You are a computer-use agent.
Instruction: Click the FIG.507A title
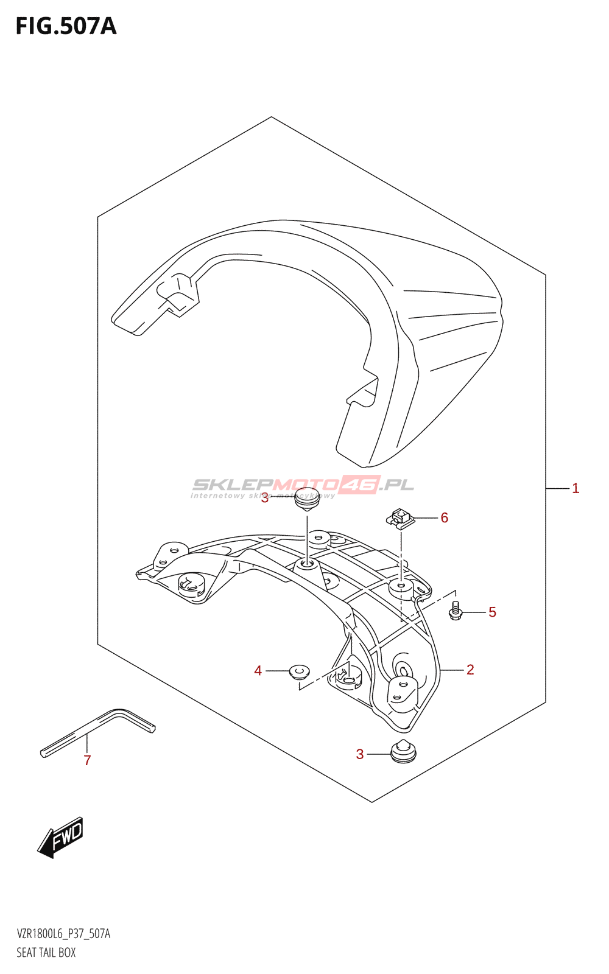pos(66,27)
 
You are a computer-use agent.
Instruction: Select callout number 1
pos(576,489)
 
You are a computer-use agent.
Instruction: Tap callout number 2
pos(470,670)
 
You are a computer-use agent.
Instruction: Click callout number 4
pos(258,671)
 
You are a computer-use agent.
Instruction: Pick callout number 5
pos(492,612)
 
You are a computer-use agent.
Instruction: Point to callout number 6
pos(444,517)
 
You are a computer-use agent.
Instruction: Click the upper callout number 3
pos(265,499)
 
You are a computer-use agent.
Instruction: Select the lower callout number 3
pos(360,754)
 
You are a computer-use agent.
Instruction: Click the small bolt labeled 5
pos(455,611)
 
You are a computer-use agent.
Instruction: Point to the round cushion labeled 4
pos(299,672)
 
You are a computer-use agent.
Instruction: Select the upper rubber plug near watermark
pos(307,500)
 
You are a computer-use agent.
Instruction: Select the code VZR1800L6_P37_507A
pos(63,932)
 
